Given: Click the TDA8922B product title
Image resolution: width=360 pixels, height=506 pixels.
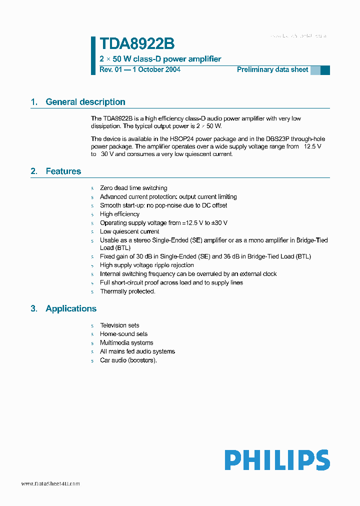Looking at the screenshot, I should [x=137, y=44].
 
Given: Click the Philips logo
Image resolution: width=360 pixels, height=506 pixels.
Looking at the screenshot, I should [x=277, y=460].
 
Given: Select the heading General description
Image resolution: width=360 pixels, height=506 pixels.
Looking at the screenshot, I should [x=85, y=102].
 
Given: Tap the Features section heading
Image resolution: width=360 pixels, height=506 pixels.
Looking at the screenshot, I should [x=63, y=171].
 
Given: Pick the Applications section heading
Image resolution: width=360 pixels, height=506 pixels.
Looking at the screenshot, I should [x=70, y=308].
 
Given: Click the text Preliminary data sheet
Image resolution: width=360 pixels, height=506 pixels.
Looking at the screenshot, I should [x=272, y=69].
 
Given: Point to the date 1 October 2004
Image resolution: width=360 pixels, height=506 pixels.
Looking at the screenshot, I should [x=156, y=69].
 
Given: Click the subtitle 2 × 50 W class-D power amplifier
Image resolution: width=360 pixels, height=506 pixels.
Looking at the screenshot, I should [x=160, y=59].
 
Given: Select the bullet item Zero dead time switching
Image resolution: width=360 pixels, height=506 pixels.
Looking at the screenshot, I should [x=133, y=188].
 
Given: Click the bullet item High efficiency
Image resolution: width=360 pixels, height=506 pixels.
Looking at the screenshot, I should [x=119, y=214].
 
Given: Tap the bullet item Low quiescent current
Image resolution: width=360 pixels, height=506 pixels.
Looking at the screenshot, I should [x=129, y=231].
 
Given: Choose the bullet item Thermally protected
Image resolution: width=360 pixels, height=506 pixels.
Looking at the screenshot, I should [x=127, y=291].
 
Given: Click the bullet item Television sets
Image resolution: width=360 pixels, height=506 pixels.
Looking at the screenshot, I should [x=119, y=325].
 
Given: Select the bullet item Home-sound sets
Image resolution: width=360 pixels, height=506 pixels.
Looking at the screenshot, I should [x=123, y=334].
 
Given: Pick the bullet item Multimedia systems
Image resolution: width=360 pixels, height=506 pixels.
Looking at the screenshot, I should [x=126, y=343].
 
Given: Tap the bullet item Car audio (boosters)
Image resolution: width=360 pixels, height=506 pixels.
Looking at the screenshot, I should [x=128, y=360].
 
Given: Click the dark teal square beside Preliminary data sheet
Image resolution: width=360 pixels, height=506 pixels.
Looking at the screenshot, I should [x=325, y=70].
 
